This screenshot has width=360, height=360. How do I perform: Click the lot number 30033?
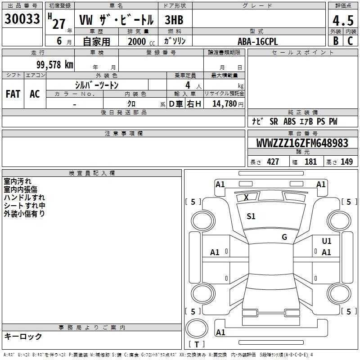tap(22, 19)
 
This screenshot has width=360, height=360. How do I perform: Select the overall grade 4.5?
tap(343, 21)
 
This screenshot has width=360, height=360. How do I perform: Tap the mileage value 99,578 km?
tap(55, 65)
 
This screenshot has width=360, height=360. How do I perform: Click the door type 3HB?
tap(174, 20)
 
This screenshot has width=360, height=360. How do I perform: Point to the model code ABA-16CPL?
tap(257, 41)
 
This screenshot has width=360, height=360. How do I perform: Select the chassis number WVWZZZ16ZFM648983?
tap(302, 143)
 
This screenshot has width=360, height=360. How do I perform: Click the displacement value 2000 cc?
tap(141, 41)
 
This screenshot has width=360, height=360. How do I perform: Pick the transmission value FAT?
tap(13, 94)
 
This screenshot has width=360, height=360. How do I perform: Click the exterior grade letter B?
tap(336, 41)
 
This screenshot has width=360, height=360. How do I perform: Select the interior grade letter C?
tap(350, 41)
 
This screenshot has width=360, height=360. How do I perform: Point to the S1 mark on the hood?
tap(251, 216)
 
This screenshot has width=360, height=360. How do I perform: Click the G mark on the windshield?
tap(284, 237)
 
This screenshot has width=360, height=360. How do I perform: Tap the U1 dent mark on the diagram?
tap(327, 241)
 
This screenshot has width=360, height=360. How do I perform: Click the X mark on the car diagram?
tap(246, 197)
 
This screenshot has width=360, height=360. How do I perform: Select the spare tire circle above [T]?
tap(197, 328)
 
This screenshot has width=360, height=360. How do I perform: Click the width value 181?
tap(310, 162)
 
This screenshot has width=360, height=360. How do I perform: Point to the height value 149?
tap(346, 162)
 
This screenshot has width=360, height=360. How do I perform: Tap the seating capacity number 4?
tap(188, 85)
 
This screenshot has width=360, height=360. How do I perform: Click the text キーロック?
tap(23, 336)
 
